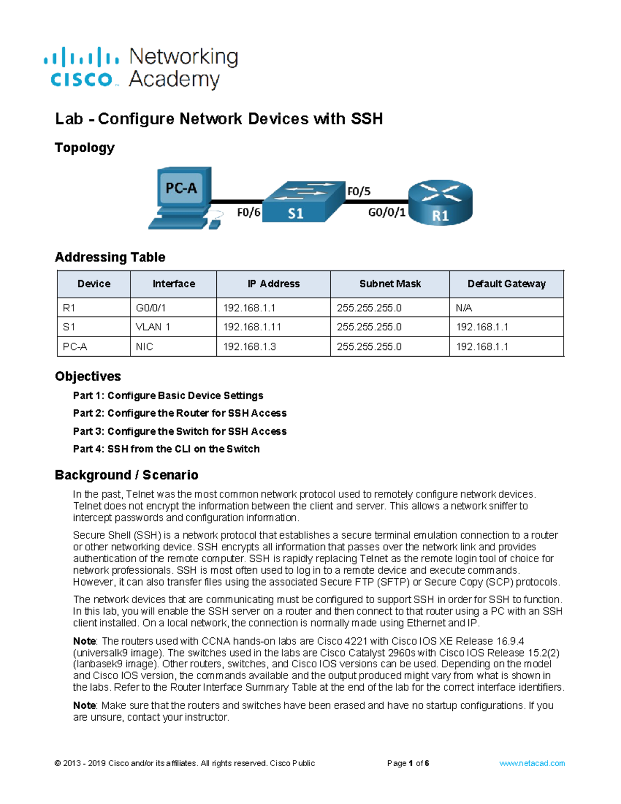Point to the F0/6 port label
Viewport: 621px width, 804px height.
(x=248, y=213)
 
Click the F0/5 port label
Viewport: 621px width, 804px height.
(x=359, y=192)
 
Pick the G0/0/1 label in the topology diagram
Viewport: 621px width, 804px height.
(x=387, y=213)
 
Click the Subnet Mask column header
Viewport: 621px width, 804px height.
(x=390, y=284)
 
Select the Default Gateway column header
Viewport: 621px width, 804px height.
(x=506, y=284)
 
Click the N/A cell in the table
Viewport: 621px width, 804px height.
(x=464, y=308)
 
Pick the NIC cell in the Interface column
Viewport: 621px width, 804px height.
(x=144, y=347)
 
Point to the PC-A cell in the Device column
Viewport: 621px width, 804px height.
(x=75, y=347)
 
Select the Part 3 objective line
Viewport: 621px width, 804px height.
(x=180, y=431)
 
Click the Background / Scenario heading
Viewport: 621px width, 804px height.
(x=126, y=475)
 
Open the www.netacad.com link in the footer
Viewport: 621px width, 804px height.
(x=531, y=763)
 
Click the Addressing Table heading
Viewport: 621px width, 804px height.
(x=110, y=257)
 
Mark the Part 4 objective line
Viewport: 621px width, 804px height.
(x=166, y=449)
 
